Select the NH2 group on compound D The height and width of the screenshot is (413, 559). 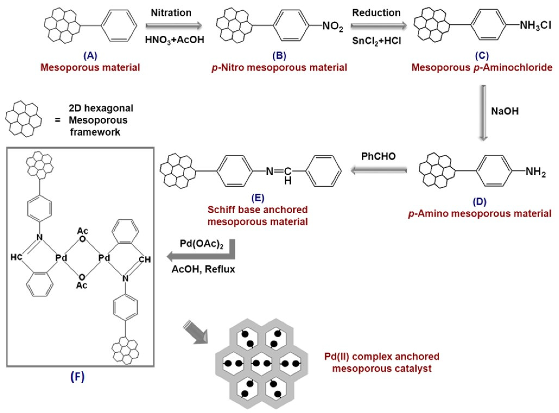coord(535,173)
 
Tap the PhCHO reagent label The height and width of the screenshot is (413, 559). coord(379,156)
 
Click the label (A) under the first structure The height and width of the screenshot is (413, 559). coord(90,56)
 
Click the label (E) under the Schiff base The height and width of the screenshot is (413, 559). coord(258,198)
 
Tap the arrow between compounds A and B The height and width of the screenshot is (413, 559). coord(174,25)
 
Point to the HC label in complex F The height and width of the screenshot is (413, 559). coord(16,257)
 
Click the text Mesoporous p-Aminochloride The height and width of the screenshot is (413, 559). coord(482,68)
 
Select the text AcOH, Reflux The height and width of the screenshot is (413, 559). coord(203,269)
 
